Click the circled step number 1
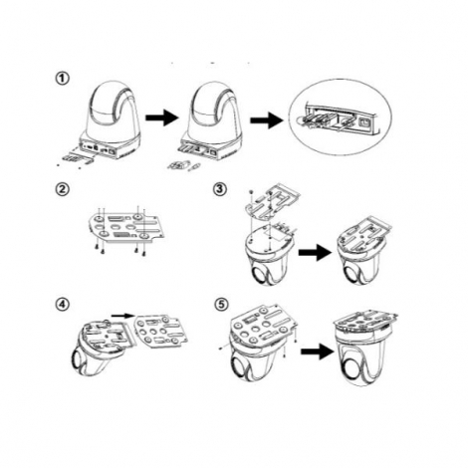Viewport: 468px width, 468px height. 63,79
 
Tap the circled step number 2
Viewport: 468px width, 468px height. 63,189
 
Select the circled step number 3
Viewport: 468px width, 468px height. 220,189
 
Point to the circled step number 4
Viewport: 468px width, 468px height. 63,305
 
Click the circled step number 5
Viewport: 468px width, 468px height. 221,305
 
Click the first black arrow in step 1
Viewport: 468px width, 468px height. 162,117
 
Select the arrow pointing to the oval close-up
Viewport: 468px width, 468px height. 267,120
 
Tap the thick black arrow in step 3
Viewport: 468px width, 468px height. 315,252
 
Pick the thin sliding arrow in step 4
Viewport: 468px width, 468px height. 122,316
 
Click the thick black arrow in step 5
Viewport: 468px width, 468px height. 318,351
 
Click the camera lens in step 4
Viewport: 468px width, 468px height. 78,359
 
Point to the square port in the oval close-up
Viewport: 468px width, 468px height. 364,122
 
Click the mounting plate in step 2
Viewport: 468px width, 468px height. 126,227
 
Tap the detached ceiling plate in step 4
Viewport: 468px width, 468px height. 161,332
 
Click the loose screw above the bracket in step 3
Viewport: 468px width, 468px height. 252,192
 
